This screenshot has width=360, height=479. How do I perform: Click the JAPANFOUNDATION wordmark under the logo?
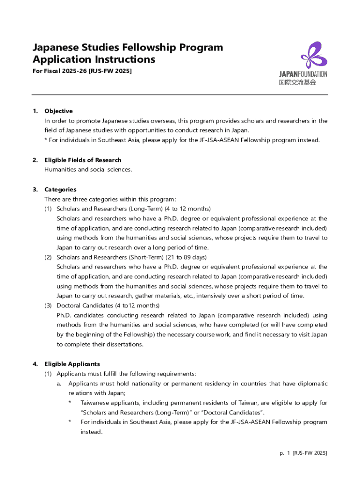303,74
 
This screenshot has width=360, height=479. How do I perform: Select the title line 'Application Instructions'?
94,60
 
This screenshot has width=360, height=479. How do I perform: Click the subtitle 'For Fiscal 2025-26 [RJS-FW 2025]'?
82,71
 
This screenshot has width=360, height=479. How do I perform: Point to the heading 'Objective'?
58,111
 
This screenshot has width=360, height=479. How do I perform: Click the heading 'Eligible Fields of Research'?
83,160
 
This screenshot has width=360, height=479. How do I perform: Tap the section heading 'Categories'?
60,189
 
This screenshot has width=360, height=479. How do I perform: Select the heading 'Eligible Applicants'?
72,364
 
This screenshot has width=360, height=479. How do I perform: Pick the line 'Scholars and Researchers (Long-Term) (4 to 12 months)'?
134,209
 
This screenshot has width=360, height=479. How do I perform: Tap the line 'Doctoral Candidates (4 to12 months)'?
108,305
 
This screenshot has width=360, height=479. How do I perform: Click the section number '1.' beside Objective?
35,111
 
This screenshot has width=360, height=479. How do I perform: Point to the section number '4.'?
35,364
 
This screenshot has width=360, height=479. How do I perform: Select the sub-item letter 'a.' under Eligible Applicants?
59,384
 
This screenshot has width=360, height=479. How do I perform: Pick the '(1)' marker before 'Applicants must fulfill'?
48,374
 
